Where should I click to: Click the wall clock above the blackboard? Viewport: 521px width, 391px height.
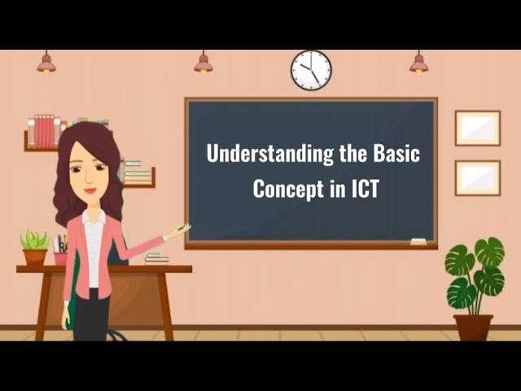coord(311,70)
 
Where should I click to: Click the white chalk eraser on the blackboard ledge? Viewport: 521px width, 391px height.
coord(418,241)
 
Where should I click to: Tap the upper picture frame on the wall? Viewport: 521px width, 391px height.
coord(477,128)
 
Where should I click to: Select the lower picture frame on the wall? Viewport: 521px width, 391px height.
coord(477,178)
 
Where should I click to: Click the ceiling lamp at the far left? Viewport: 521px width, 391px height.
coord(46,64)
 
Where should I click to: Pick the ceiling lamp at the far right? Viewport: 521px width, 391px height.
coord(419,64)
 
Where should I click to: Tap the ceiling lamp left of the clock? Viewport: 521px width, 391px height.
coord(203,64)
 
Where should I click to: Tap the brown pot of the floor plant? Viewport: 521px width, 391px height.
coord(473,327)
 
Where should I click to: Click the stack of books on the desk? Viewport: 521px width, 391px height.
coord(156,258)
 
